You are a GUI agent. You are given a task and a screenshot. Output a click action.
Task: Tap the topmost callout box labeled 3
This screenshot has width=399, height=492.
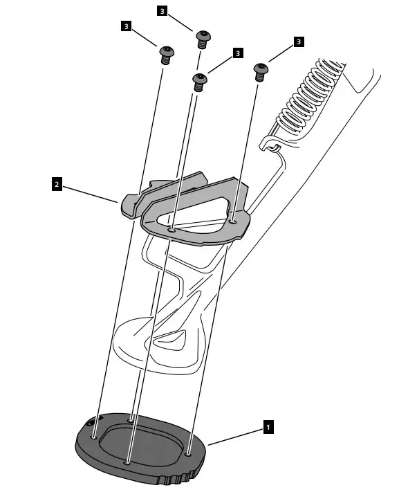pyautogui.click(x=162, y=12)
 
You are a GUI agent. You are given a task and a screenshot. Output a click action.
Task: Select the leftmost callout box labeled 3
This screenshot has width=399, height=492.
pyautogui.click(x=127, y=26)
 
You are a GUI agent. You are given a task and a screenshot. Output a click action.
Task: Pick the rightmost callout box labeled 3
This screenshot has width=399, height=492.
pyautogui.click(x=298, y=42)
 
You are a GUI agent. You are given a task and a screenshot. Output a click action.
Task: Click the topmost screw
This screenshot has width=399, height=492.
pyautogui.click(x=202, y=37)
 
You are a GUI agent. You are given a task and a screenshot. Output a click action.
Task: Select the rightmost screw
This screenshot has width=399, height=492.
pyautogui.click(x=261, y=70)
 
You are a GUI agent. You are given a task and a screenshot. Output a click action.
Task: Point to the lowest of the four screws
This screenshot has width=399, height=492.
pyautogui.click(x=198, y=82)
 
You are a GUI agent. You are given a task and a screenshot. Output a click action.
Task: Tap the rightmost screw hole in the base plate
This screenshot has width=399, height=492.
pyautogui.click(x=189, y=455)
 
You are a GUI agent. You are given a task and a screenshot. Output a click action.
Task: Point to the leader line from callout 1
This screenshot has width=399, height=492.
pyautogui.click(x=235, y=437)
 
